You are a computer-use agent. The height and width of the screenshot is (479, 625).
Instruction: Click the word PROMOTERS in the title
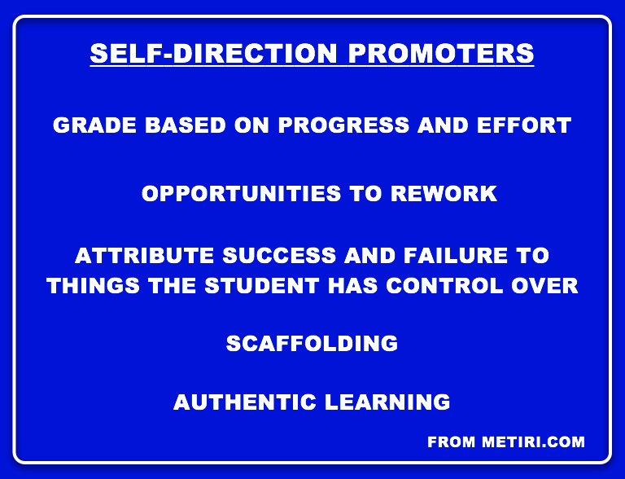click(441, 53)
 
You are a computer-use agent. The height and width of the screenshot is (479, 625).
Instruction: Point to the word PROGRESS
click(343, 125)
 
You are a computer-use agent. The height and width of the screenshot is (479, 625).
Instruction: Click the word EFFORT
click(524, 125)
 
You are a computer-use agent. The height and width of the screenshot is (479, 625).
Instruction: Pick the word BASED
click(186, 125)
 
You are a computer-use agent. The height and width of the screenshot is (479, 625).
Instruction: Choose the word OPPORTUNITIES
click(241, 194)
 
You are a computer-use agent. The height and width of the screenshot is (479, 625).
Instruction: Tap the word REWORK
click(444, 194)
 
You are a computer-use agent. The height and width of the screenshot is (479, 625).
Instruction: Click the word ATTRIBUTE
click(144, 256)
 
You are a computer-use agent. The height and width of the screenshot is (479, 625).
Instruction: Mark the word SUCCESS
click(279, 256)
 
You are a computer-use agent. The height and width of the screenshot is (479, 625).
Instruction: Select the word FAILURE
click(456, 256)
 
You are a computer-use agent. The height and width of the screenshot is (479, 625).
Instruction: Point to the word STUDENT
click(262, 286)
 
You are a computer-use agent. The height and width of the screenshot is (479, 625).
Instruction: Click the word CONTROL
click(444, 286)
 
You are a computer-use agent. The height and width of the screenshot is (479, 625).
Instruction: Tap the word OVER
click(544, 286)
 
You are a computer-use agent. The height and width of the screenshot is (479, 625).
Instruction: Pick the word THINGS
click(93, 286)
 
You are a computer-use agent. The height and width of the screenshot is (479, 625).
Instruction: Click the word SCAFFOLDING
click(312, 343)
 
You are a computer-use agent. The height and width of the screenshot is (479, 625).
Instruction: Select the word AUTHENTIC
click(245, 402)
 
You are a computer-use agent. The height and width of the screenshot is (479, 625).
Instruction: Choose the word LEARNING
click(387, 402)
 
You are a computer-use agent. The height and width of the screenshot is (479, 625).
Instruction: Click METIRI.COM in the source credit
click(533, 442)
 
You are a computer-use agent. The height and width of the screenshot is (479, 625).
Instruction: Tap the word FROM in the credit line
click(451, 442)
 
